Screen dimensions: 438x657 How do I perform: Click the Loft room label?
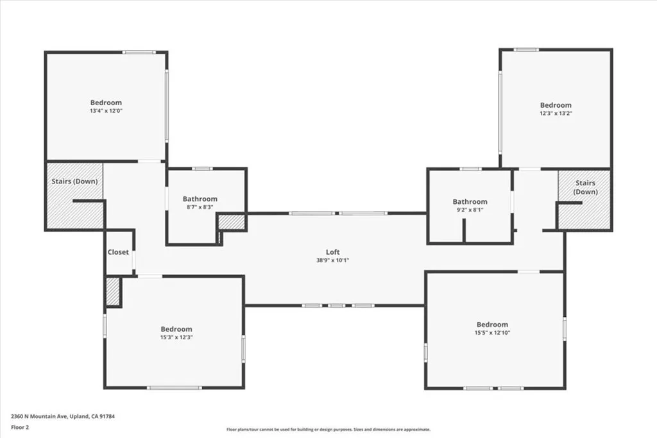click(332, 252)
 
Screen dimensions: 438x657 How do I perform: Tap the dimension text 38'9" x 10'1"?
click(332, 260)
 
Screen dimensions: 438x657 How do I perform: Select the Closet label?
click(118, 252)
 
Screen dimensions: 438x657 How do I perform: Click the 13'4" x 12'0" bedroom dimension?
click(106, 111)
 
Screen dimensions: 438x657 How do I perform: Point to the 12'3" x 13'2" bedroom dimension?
click(556, 114)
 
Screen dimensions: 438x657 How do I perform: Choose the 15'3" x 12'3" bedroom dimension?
click(176, 337)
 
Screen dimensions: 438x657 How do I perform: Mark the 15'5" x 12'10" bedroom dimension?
click(492, 333)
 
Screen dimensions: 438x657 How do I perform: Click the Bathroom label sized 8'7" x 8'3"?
click(200, 199)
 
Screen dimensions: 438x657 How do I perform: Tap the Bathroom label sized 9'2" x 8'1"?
click(470, 201)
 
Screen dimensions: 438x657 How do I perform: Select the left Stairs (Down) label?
click(74, 181)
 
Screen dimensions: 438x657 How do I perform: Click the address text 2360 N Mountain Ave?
click(63, 416)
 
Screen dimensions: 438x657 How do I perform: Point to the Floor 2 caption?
click(20, 426)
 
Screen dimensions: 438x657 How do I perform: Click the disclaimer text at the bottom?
click(328, 430)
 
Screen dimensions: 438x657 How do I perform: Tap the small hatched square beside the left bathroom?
click(232, 222)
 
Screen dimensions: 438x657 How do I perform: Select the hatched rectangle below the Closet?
click(113, 292)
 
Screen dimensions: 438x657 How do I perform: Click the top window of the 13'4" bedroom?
click(139, 52)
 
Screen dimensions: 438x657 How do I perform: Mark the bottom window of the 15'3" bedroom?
click(174, 387)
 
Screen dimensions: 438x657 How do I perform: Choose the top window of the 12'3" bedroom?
click(526, 49)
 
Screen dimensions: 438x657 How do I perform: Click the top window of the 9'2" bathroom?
click(470, 169)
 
